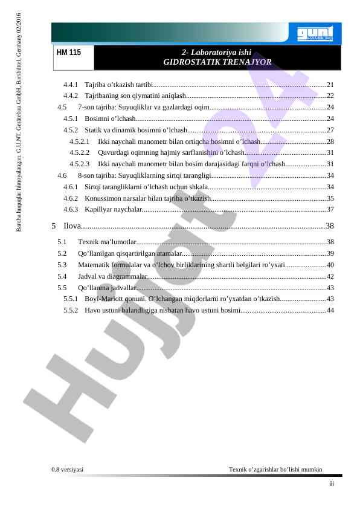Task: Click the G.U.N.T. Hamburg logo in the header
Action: (x=317, y=34)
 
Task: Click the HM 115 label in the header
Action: (x=68, y=53)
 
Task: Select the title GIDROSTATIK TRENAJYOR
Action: (x=217, y=62)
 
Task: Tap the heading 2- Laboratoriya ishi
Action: (x=216, y=53)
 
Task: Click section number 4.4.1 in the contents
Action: (x=71, y=84)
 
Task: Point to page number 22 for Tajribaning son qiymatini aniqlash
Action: (x=330, y=96)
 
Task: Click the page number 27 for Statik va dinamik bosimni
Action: (x=330, y=130)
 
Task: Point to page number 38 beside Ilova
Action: (x=330, y=227)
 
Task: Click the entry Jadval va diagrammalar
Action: (x=112, y=276)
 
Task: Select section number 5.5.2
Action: (x=71, y=310)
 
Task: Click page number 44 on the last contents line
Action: (x=330, y=310)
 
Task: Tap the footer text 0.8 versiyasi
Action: (x=68, y=470)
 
